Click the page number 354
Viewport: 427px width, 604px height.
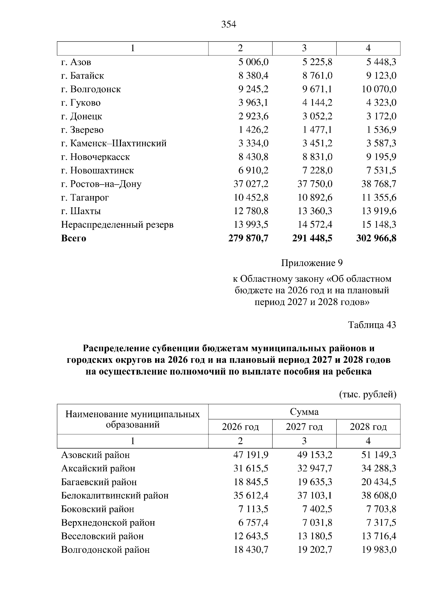pos(228,25)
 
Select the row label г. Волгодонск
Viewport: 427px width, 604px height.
pos(91,89)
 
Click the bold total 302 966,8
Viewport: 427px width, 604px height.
pos(376,238)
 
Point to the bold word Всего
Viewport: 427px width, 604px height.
pos(74,238)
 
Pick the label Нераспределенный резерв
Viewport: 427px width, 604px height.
pos(117,225)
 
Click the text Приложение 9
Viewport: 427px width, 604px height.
pos(312,263)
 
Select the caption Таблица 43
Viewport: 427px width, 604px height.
pos(372,325)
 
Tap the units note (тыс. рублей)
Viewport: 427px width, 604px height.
pos(368,394)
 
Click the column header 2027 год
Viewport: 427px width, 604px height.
pos(304,426)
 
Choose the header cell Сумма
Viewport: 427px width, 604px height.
pos(304,412)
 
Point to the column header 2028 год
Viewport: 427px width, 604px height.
pos(368,426)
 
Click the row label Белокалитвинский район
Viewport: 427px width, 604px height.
pos(115,496)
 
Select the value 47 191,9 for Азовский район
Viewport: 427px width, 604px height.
pos(251,455)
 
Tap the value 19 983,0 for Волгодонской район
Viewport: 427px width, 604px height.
pos(379,550)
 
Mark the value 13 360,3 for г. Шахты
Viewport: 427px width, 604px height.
pos(315,211)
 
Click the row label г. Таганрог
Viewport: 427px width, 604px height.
pos(85,197)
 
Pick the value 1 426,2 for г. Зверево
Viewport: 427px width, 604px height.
pos(253,130)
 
